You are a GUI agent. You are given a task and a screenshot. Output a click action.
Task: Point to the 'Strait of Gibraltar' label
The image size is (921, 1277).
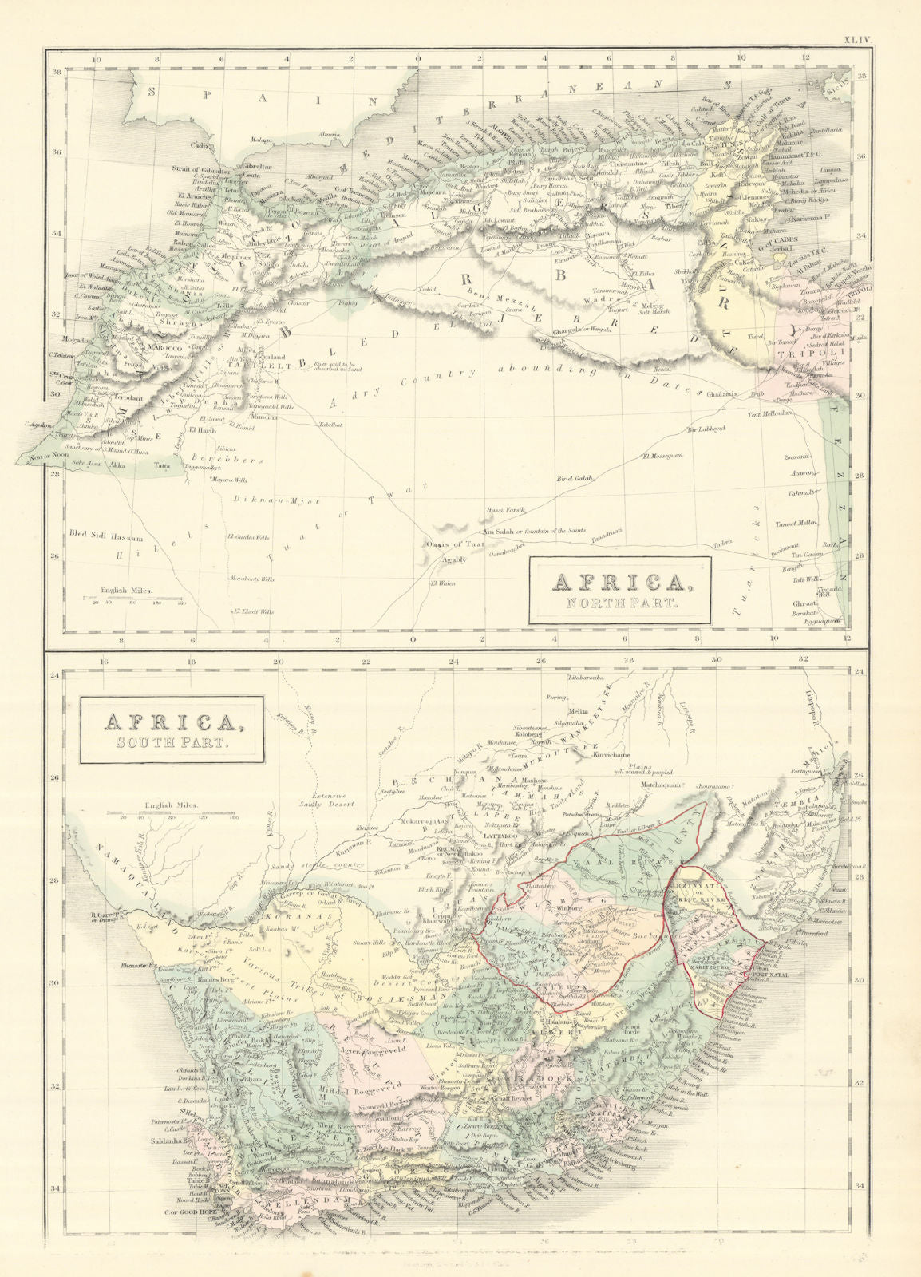point(200,171)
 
